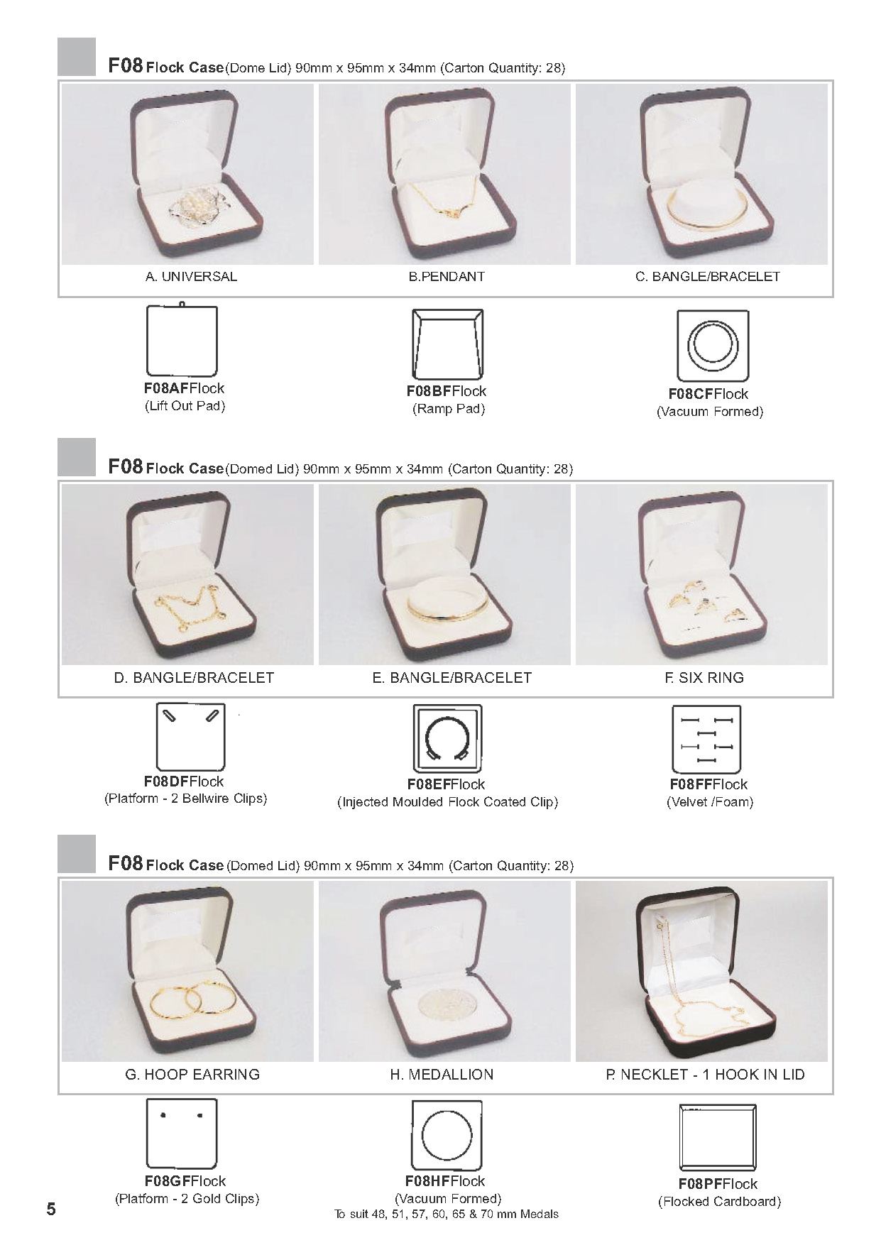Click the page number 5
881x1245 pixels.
(50, 1208)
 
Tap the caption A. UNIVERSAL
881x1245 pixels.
(191, 277)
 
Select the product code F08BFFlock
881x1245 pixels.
(446, 391)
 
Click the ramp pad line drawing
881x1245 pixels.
(448, 344)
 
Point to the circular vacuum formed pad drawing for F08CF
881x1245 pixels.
(711, 346)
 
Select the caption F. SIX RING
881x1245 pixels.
(704, 677)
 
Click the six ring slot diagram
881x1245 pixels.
(706, 740)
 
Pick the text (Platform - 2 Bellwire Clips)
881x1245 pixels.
(185, 799)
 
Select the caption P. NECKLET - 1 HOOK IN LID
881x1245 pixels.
(705, 1075)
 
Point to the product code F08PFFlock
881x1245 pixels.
(718, 1184)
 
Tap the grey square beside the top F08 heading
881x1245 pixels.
(77, 57)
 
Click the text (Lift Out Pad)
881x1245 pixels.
(185, 406)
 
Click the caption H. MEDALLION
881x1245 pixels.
(441, 1075)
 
